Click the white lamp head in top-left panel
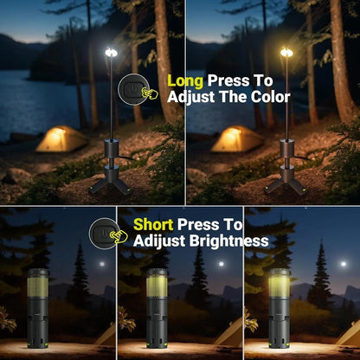click(x=111, y=54)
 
